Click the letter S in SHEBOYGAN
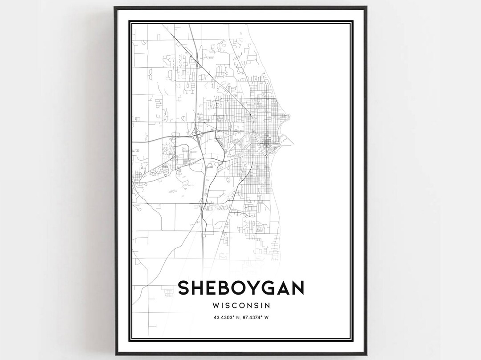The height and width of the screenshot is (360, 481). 185,287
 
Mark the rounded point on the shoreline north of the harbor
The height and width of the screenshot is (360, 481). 289,118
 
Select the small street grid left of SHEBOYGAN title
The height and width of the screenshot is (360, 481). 168,293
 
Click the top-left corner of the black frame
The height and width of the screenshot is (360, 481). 115,7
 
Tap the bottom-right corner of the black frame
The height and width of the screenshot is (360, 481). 366,354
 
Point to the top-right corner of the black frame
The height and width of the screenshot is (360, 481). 366,7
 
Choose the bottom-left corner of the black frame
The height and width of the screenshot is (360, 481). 115,354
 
